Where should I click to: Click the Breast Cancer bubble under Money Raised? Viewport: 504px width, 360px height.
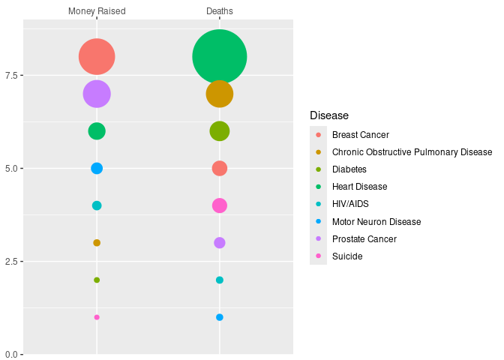tap(97, 56)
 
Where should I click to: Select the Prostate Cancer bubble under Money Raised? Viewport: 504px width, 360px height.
tap(97, 94)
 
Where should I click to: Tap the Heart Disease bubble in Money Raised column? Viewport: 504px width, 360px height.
tap(97, 131)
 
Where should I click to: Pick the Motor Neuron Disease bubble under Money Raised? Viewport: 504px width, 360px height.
tap(97, 168)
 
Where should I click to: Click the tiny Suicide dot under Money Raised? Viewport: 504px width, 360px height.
tap(97, 317)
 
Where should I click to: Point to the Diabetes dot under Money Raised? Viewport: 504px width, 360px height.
tap(97, 280)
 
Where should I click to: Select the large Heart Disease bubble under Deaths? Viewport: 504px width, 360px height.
tap(220, 56)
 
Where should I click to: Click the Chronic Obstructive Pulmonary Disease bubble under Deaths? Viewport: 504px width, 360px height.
tap(220, 94)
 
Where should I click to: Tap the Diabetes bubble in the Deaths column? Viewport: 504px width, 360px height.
tap(220, 131)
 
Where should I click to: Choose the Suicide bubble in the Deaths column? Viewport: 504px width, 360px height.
tap(220, 205)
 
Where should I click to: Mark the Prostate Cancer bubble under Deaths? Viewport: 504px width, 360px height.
tap(220, 243)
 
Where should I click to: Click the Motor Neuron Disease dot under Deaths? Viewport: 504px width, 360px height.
tap(220, 317)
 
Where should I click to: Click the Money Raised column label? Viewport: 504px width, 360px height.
tap(97, 11)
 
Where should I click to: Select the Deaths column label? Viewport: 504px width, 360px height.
tap(220, 11)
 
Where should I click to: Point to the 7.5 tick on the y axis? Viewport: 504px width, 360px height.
tap(13, 75)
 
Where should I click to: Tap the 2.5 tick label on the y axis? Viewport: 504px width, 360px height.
tap(13, 261)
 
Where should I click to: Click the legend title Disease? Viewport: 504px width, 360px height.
tap(329, 115)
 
